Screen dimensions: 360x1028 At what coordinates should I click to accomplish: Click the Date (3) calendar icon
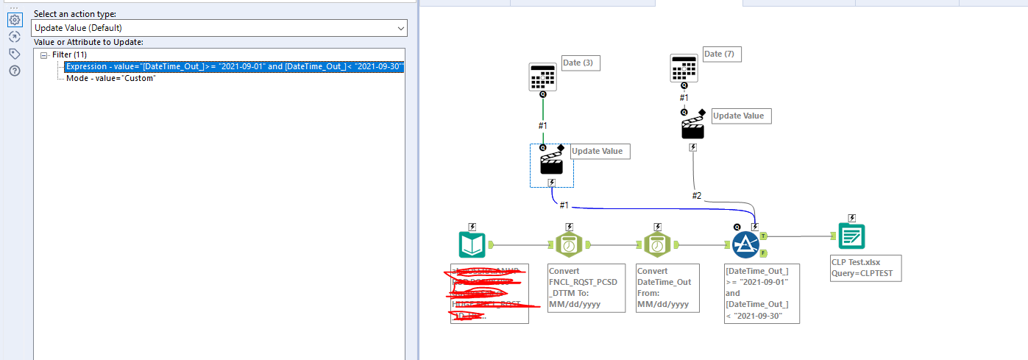[543, 77]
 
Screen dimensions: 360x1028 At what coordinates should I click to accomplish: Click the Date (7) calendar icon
[684, 68]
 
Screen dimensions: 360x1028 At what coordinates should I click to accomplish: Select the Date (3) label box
[581, 63]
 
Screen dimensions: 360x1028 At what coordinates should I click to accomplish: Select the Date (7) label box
[722, 54]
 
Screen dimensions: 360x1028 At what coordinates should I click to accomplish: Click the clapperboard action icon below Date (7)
[692, 127]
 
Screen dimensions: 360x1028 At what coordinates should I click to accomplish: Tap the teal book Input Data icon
[472, 244]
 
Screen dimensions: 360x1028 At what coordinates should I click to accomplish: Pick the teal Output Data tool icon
[851, 236]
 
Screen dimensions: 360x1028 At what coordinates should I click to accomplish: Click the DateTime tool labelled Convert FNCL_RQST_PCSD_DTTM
[569, 244]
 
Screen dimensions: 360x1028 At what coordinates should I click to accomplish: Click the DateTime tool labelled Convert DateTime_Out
[657, 244]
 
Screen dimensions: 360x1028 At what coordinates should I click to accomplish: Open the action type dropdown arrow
[400, 28]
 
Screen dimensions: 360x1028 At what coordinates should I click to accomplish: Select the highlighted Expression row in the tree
[234, 67]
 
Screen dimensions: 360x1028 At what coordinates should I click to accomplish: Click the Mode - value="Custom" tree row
[116, 78]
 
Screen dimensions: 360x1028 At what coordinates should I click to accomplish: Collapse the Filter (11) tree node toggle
[45, 55]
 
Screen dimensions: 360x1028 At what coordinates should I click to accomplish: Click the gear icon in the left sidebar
[14, 20]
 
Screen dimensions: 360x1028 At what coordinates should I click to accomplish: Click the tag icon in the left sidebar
[14, 54]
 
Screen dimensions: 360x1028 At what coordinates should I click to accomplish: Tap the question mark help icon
[14, 71]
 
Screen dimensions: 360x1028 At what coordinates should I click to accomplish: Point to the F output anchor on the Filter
[763, 253]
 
